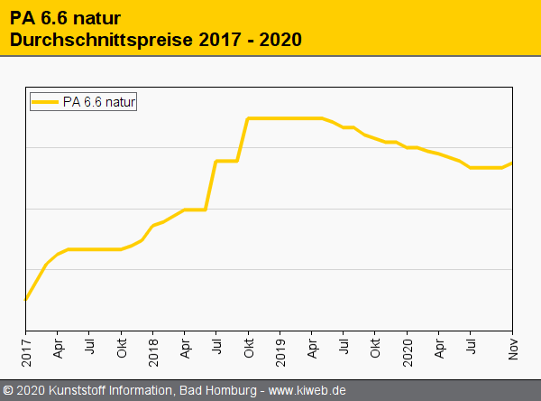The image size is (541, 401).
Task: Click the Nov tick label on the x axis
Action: pos(512,348)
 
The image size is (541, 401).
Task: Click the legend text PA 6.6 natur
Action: pos(99,102)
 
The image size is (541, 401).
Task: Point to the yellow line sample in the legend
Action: pos(45,102)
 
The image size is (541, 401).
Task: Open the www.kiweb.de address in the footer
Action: pos(307,391)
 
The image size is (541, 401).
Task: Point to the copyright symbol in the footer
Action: pos(8,391)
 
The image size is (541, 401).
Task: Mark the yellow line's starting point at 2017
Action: pos(26,299)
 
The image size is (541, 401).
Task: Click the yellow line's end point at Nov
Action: pos(511,163)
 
